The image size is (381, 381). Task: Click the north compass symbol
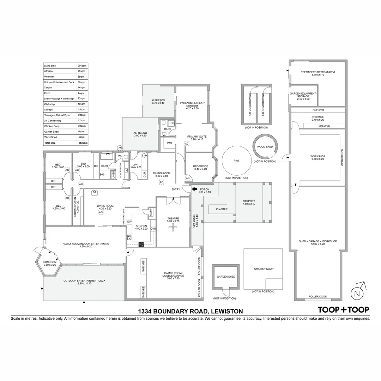[357, 293]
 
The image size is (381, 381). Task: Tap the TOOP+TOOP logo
[343, 310]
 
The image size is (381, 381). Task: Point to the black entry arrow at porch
[194, 189]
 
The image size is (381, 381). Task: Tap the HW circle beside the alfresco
[120, 148]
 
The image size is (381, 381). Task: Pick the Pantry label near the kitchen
[151, 212]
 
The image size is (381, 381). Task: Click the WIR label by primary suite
[169, 143]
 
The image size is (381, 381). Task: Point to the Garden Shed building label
[226, 277]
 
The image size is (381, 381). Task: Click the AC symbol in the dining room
[162, 182]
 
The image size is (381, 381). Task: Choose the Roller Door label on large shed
[317, 297]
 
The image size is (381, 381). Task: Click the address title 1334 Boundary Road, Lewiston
[190, 311]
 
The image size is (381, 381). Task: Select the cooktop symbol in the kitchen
[141, 244]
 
